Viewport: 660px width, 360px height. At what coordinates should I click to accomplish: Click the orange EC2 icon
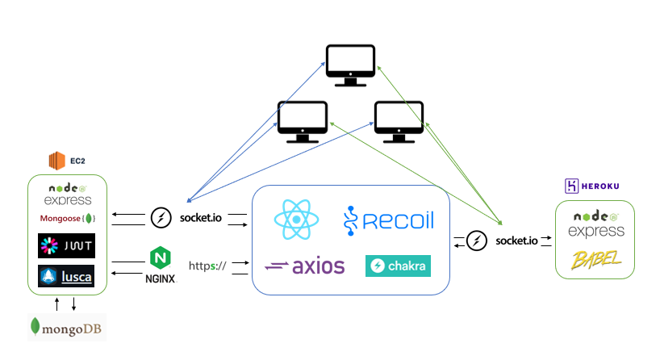pyautogui.click(x=56, y=161)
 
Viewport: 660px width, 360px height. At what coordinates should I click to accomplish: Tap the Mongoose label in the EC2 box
pyautogui.click(x=68, y=219)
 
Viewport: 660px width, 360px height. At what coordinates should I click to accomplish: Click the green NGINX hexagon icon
pyautogui.click(x=159, y=258)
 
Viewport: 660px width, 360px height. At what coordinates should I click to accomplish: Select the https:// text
pyautogui.click(x=207, y=265)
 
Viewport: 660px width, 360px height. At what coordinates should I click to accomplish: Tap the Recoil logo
pyautogui.click(x=390, y=220)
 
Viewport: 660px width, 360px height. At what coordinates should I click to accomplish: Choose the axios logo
pyautogui.click(x=304, y=266)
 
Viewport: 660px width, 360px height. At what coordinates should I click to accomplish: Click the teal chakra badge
pyautogui.click(x=398, y=266)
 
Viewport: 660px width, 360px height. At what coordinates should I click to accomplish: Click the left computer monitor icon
pyautogui.click(x=302, y=121)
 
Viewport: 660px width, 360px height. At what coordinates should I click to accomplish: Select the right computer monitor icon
pyautogui.click(x=399, y=121)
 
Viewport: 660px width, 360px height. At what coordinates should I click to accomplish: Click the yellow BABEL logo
pyautogui.click(x=595, y=260)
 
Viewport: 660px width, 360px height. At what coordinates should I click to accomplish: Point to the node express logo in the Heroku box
pyautogui.click(x=595, y=224)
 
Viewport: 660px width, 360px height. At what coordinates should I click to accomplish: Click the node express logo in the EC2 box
pyautogui.click(x=68, y=194)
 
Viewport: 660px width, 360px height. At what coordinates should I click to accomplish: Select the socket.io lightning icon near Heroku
pyautogui.click(x=478, y=241)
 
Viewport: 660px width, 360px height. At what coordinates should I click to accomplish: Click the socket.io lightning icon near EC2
pyautogui.click(x=161, y=218)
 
